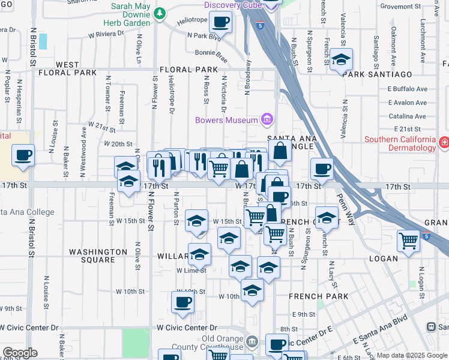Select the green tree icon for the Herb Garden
click(x=159, y=13)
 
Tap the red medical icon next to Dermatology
click(x=444, y=143)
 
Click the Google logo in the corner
click(x=20, y=353)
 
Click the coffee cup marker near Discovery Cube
click(x=221, y=23)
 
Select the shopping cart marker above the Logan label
click(x=408, y=241)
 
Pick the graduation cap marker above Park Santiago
click(x=341, y=59)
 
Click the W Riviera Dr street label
click(x=106, y=34)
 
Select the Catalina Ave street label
click(x=407, y=116)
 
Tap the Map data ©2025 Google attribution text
click(x=411, y=355)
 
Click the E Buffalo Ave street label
click(x=407, y=89)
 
